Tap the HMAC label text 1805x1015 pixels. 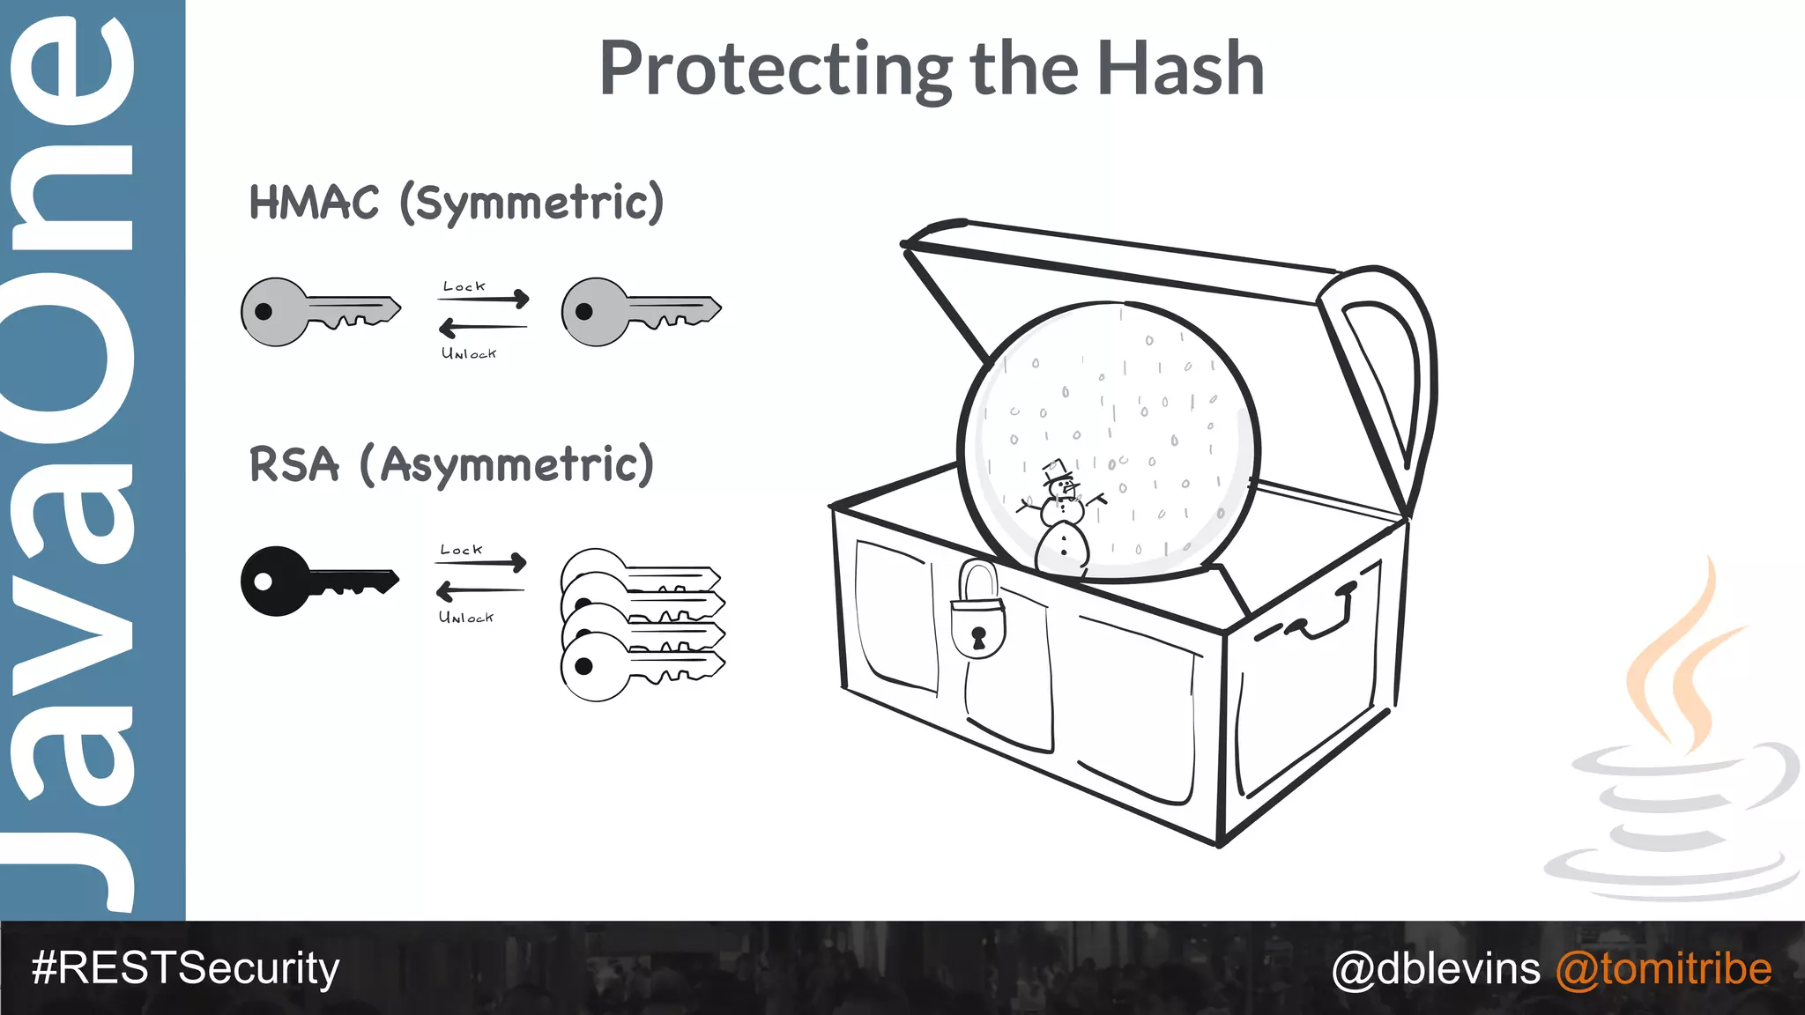[314, 203]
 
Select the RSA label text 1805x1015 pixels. [293, 464]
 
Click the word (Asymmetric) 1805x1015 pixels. [507, 465]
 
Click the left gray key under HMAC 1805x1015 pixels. [317, 312]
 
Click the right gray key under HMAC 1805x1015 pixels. [639, 312]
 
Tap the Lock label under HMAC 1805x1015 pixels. [464, 286]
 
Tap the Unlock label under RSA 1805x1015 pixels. [466, 617]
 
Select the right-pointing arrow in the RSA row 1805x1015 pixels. [481, 562]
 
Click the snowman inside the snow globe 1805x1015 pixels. [1062, 524]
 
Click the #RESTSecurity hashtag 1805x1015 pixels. [185, 968]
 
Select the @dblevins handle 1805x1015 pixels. [1436, 968]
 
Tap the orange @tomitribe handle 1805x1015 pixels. [1663, 968]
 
